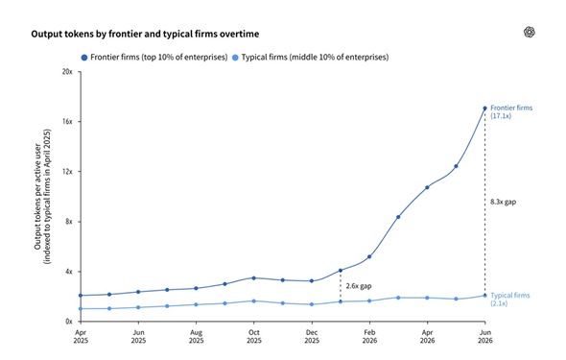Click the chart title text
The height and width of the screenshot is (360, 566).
pyautogui.click(x=145, y=34)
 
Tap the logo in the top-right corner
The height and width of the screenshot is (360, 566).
pyautogui.click(x=530, y=32)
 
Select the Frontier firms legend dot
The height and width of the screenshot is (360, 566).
pyautogui.click(x=84, y=58)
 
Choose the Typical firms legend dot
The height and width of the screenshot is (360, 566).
pyautogui.click(x=235, y=58)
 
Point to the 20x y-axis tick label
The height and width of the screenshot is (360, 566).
pyautogui.click(x=67, y=72)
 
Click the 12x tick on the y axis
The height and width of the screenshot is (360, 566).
pyautogui.click(x=68, y=172)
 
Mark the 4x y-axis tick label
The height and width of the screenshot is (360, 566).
pyautogui.click(x=68, y=272)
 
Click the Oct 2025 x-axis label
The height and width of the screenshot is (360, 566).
pyautogui.click(x=254, y=336)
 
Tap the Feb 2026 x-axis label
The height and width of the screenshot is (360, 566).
pyautogui.click(x=369, y=336)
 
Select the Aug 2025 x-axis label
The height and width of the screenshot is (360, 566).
pyautogui.click(x=197, y=336)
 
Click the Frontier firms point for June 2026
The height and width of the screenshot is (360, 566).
pyautogui.click(x=484, y=108)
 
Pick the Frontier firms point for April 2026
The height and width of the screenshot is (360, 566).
pyautogui.click(x=427, y=187)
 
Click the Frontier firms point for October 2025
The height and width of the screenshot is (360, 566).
pyautogui.click(x=254, y=278)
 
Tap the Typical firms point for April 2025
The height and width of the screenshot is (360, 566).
pyautogui.click(x=81, y=309)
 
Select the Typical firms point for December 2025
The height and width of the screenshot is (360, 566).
pyautogui.click(x=312, y=304)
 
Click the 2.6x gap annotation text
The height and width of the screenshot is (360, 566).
pyautogui.click(x=359, y=286)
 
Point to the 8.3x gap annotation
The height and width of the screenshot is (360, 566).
pyautogui.click(x=504, y=202)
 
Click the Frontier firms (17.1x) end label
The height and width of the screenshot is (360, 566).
pyautogui.click(x=511, y=111)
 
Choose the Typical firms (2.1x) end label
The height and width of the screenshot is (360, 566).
pyautogui.click(x=510, y=299)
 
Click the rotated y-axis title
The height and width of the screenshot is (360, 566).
pyautogui.click(x=42, y=197)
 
